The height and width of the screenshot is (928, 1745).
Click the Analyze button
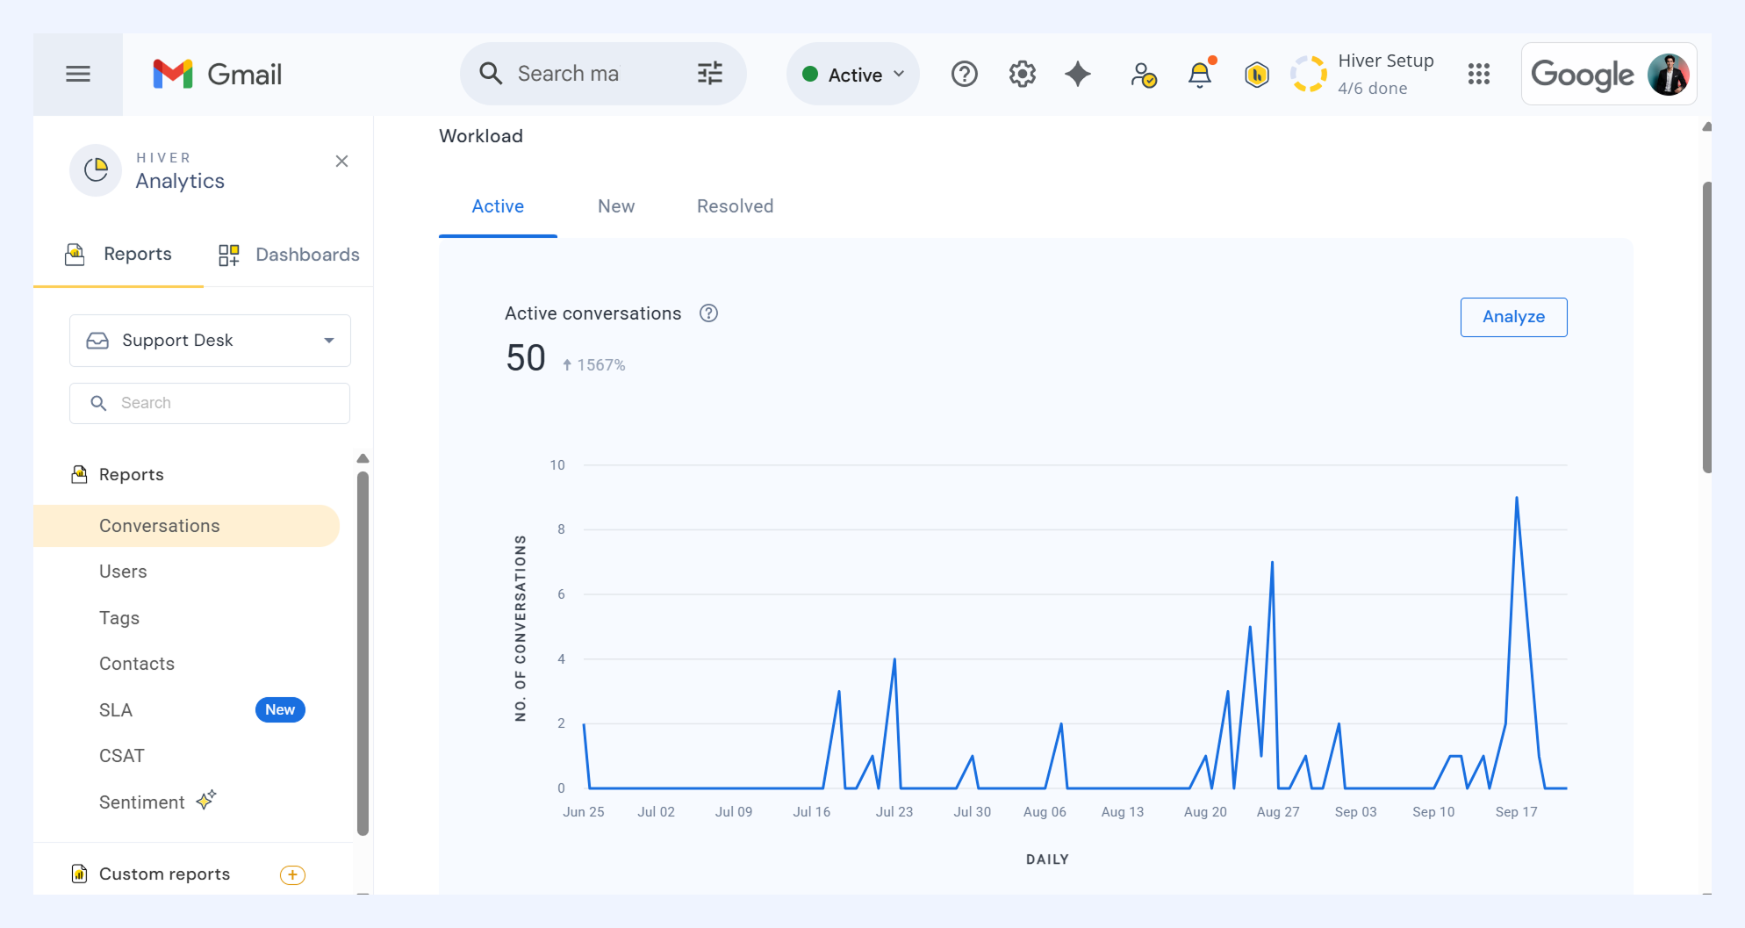[x=1513, y=317]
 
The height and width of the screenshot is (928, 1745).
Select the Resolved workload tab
[x=735, y=206]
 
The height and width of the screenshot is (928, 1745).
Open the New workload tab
[x=616, y=206]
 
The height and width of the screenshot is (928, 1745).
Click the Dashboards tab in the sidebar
[x=289, y=255]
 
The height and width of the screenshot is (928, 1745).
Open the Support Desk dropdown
[x=210, y=341]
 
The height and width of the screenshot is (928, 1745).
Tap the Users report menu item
[x=123, y=572]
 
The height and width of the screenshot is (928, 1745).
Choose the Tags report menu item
[x=119, y=618]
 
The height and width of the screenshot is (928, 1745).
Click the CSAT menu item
[x=122, y=756]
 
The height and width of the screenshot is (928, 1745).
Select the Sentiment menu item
[x=142, y=802]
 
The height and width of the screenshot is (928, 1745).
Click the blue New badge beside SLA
[x=280, y=709]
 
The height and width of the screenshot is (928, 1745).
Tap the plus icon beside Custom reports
[x=292, y=875]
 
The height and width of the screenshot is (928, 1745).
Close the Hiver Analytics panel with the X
[x=341, y=162]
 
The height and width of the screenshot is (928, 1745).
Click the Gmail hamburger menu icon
[x=78, y=75]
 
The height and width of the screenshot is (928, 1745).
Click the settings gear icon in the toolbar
[x=1023, y=75]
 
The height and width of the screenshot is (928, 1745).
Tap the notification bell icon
[x=1200, y=75]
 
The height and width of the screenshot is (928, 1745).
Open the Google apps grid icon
[x=1479, y=75]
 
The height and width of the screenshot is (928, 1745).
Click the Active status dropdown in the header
[x=853, y=75]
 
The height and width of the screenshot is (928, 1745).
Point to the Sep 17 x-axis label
[x=1516, y=812]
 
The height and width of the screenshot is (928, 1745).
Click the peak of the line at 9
[x=1516, y=498]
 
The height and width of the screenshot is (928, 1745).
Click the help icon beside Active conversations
[x=708, y=313]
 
